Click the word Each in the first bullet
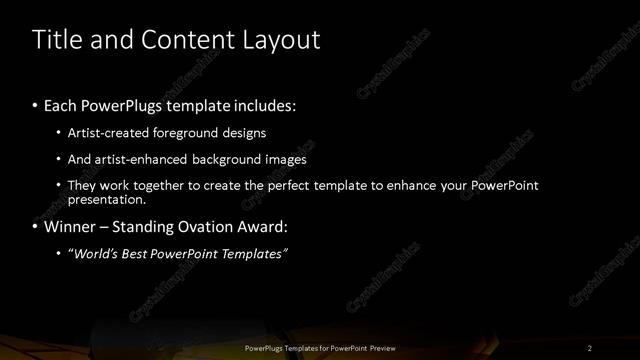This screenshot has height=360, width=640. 64,104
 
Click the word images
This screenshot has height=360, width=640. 285,159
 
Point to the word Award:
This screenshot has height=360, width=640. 266,227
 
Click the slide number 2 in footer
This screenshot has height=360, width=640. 590,347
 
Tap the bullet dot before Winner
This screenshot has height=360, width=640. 36,228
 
